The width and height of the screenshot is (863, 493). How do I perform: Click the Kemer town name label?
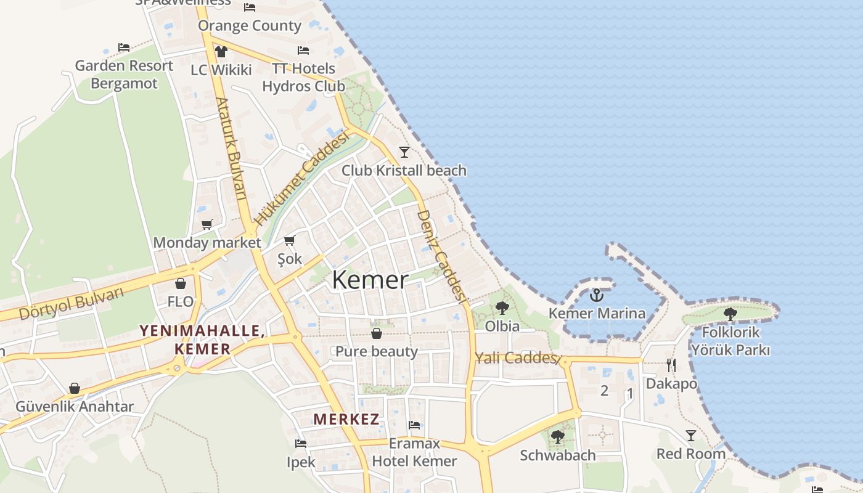tap(370, 280)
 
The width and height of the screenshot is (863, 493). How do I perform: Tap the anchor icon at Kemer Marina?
tap(596, 296)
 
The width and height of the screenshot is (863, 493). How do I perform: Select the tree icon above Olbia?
tap(502, 308)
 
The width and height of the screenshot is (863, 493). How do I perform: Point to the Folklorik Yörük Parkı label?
tap(730, 341)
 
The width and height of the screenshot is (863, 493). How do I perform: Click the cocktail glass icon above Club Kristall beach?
tap(404, 152)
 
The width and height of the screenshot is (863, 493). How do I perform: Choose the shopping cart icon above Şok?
tap(290, 240)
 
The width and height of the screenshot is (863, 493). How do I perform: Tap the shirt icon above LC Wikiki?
tap(221, 52)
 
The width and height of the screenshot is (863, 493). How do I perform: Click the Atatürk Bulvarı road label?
tap(231, 148)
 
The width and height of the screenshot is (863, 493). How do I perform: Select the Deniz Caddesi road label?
tap(441, 256)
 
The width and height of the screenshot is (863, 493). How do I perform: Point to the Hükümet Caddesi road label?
tap(302, 179)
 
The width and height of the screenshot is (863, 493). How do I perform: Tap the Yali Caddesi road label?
tap(517, 358)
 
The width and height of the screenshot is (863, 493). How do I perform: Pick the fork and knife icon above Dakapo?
tap(671, 365)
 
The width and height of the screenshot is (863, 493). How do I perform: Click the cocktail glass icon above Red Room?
tap(691, 436)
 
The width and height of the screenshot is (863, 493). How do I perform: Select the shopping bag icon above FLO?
tap(181, 283)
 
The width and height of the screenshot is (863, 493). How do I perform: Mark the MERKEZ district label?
tap(346, 420)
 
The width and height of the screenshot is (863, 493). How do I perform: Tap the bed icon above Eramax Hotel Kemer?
tap(414, 425)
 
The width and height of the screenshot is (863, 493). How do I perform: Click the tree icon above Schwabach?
tap(558, 437)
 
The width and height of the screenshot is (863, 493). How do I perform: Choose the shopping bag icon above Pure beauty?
tap(377, 333)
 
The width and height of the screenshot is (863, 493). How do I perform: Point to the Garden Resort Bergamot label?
tap(124, 75)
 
